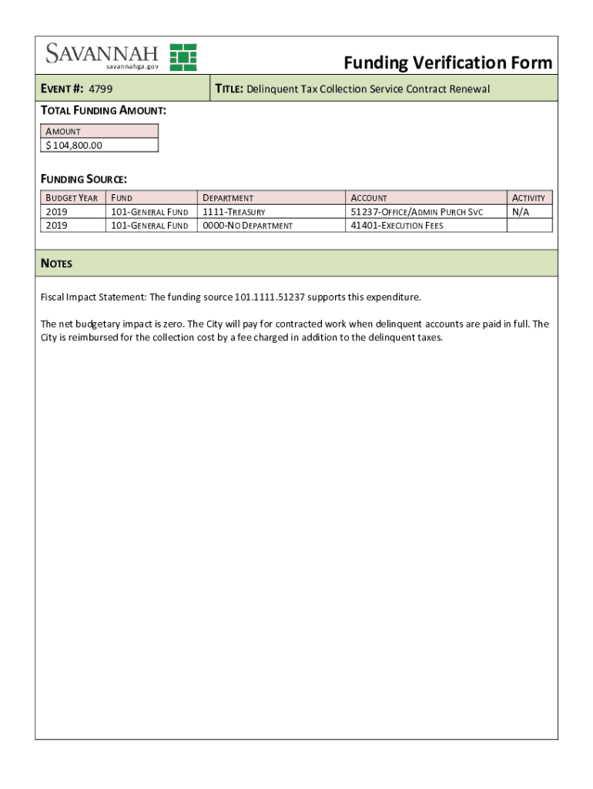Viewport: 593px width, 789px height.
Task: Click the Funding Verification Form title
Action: [x=447, y=62]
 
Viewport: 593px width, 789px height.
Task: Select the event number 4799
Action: [x=100, y=89]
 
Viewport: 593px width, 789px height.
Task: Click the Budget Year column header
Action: [x=72, y=198]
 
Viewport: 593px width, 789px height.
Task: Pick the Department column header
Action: [x=228, y=198]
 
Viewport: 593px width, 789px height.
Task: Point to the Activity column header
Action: [x=528, y=198]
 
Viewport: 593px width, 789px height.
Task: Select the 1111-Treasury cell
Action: [x=234, y=212]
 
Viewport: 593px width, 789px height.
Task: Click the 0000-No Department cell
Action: [x=247, y=226]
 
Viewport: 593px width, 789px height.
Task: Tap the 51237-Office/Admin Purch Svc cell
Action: [x=417, y=212]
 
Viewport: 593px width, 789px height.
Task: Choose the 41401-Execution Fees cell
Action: [x=397, y=226]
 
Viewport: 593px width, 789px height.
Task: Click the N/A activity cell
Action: [x=521, y=212]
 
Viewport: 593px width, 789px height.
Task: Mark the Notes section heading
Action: [x=56, y=264]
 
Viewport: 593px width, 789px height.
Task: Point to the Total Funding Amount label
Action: [x=103, y=111]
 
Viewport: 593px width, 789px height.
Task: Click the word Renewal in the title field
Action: [x=467, y=89]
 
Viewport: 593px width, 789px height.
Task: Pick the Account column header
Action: [x=369, y=198]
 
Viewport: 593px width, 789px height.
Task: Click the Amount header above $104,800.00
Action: [x=63, y=132]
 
